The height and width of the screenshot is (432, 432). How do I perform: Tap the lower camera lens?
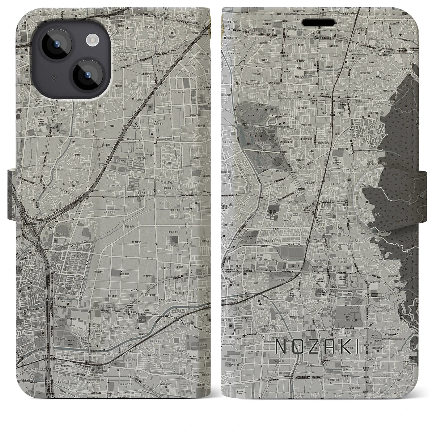[x=87, y=75]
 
